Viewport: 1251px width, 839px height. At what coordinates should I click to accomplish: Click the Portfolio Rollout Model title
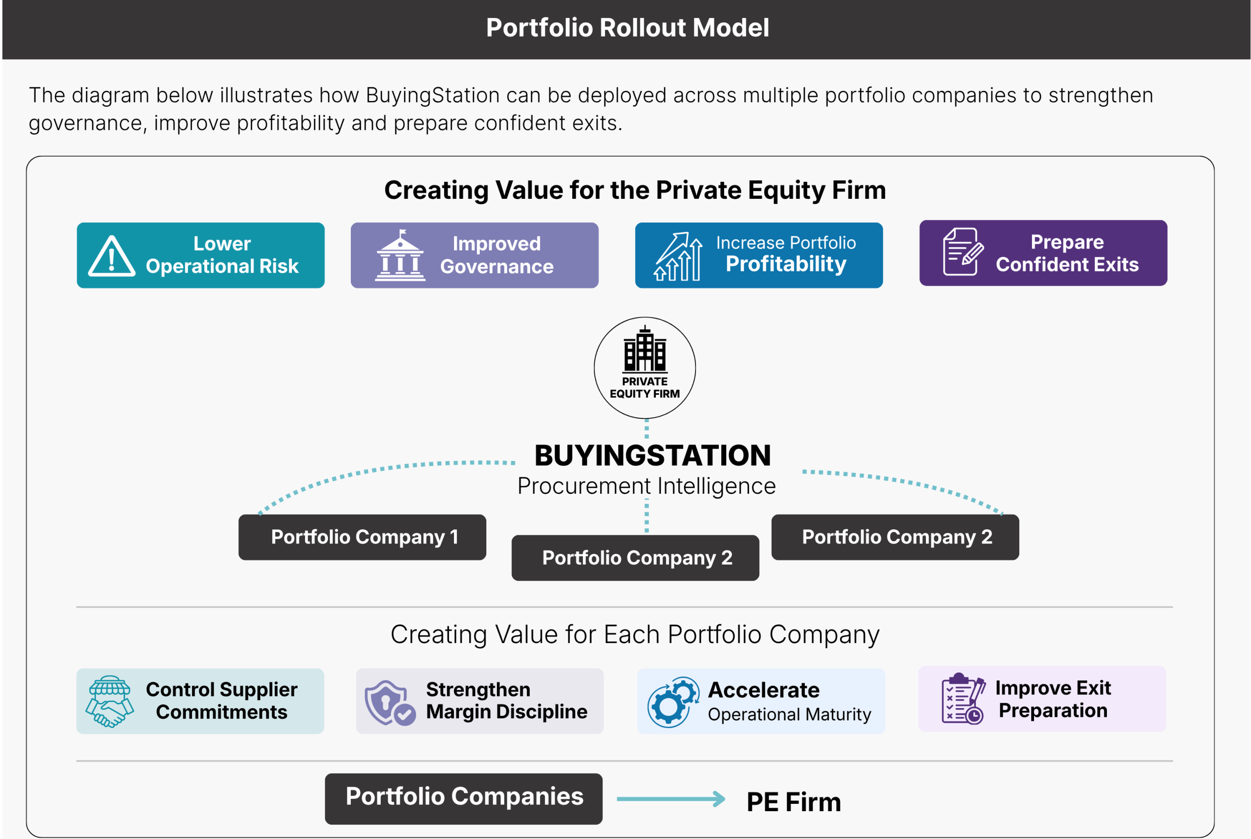pyautogui.click(x=627, y=28)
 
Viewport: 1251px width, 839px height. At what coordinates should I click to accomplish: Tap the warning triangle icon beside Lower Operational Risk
pyautogui.click(x=111, y=257)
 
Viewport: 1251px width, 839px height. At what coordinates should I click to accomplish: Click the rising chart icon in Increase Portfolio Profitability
pyautogui.click(x=678, y=256)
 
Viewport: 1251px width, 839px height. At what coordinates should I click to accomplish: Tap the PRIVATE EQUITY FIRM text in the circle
pyautogui.click(x=645, y=388)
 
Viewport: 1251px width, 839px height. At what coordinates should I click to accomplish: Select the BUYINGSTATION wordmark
pyautogui.click(x=652, y=455)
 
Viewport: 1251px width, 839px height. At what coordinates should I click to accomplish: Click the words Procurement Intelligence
pyautogui.click(x=646, y=486)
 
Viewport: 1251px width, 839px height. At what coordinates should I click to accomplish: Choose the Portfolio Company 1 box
pyautogui.click(x=362, y=537)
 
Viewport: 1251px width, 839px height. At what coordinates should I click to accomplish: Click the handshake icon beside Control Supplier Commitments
pyautogui.click(x=109, y=701)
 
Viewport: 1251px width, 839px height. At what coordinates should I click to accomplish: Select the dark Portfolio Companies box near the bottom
pyautogui.click(x=464, y=798)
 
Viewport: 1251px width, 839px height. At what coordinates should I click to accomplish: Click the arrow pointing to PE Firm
pyautogui.click(x=671, y=799)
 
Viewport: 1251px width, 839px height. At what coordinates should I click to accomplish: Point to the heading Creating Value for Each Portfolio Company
pyautogui.click(x=634, y=634)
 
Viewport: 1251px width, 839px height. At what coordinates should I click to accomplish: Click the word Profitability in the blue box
pyautogui.click(x=786, y=264)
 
